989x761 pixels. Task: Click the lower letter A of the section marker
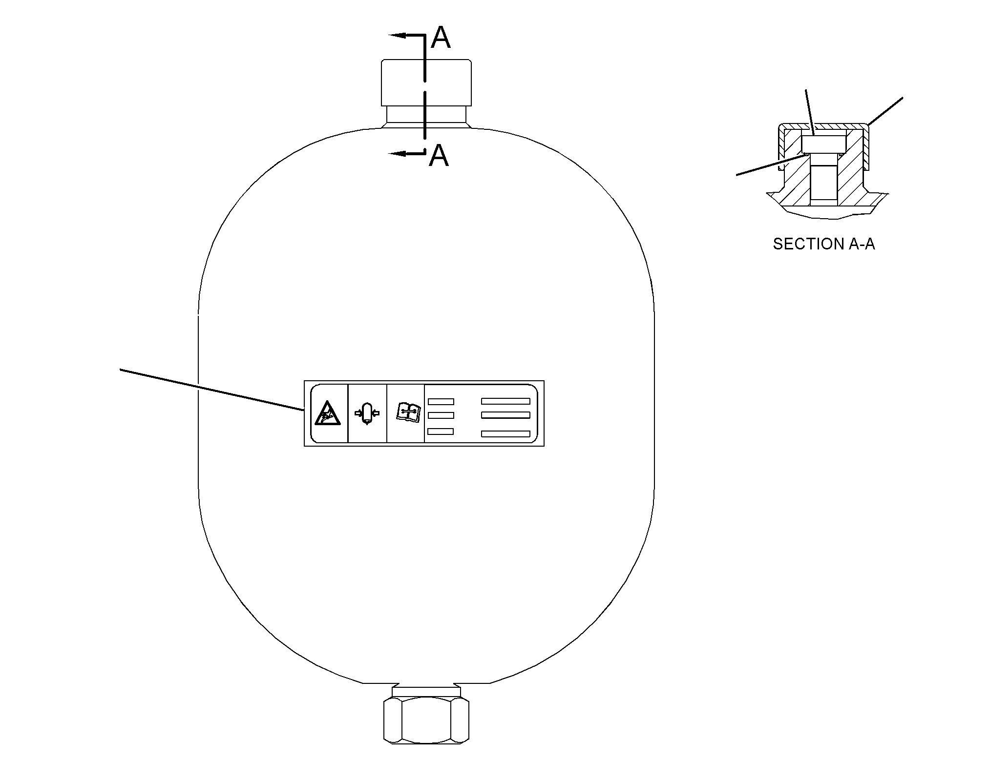[439, 155]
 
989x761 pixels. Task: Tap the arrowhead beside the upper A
[398, 35]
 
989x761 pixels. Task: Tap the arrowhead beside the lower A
[398, 154]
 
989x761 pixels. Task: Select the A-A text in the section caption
[862, 244]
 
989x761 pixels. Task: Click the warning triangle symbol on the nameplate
[326, 413]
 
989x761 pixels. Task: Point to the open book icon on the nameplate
[407, 412]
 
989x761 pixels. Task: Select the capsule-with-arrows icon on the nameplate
[367, 413]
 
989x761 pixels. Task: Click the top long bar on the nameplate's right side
[505, 401]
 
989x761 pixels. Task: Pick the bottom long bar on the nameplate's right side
[505, 434]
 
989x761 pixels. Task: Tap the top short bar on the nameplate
[441, 402]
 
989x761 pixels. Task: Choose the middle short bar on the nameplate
[441, 415]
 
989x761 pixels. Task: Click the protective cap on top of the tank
[426, 82]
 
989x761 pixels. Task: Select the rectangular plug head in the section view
[823, 144]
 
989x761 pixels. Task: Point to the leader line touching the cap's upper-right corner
[884, 111]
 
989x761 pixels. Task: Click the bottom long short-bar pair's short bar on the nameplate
[441, 432]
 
